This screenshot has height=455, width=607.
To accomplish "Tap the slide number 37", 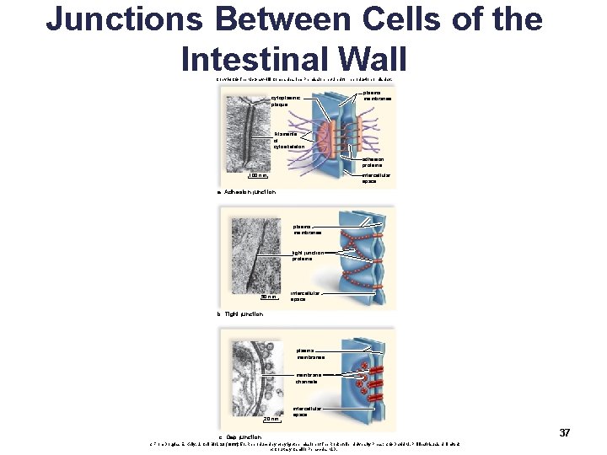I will [x=565, y=432].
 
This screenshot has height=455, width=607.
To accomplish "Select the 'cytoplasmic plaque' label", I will [x=287, y=101].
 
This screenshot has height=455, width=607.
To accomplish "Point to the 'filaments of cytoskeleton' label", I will [x=292, y=139].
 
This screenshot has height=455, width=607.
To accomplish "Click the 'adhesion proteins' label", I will [x=373, y=162].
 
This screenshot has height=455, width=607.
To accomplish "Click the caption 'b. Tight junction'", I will [x=239, y=314].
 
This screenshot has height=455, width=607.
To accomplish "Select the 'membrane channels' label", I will [x=306, y=377].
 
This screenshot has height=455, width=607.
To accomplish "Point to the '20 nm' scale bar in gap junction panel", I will [x=270, y=419].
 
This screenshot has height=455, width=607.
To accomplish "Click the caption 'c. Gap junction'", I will [x=239, y=436].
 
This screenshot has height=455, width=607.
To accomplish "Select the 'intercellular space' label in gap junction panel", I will [x=306, y=411].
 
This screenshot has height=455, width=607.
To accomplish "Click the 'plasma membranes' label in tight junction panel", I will [x=307, y=229].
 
